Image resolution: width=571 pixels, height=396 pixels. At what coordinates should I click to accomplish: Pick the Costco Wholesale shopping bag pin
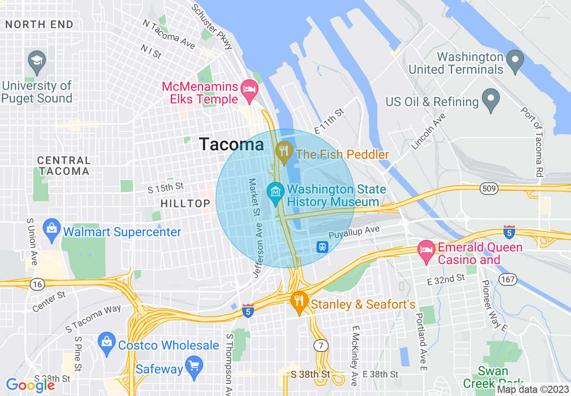(x=107, y=343)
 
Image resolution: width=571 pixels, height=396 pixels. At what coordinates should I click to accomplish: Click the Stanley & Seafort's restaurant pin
(x=299, y=302)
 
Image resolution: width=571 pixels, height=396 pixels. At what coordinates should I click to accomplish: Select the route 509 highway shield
(x=488, y=188)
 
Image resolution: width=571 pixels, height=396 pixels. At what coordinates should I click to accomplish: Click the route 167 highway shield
(x=508, y=279)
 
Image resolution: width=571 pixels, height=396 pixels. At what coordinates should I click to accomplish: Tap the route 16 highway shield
(x=36, y=284)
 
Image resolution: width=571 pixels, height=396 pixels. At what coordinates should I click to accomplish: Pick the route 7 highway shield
(x=321, y=346)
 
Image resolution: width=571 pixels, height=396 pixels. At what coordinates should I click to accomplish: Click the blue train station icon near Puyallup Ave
(x=322, y=247)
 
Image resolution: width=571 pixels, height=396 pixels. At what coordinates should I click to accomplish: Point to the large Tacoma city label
(x=231, y=144)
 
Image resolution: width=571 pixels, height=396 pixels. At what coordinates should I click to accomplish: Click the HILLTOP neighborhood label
(x=186, y=204)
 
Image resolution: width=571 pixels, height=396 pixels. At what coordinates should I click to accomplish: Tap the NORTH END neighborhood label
(x=40, y=25)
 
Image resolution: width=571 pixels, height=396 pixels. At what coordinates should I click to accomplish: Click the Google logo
(x=30, y=385)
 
